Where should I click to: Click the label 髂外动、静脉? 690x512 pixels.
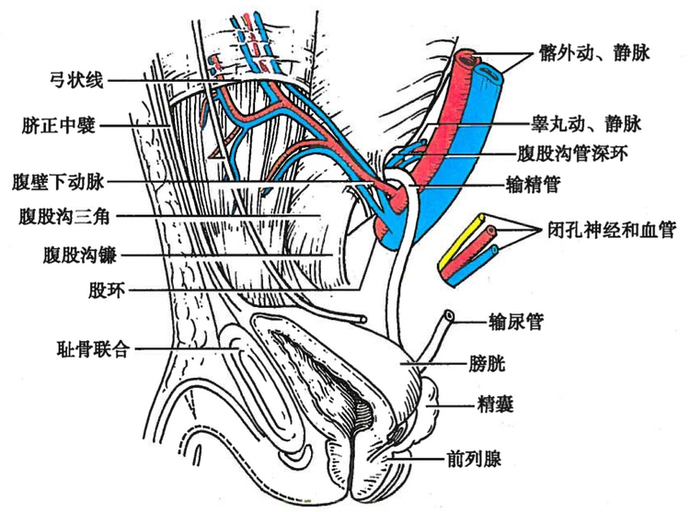click(595, 53)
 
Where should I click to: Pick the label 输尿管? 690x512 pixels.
click(517, 321)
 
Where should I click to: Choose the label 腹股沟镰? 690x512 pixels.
click(78, 252)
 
